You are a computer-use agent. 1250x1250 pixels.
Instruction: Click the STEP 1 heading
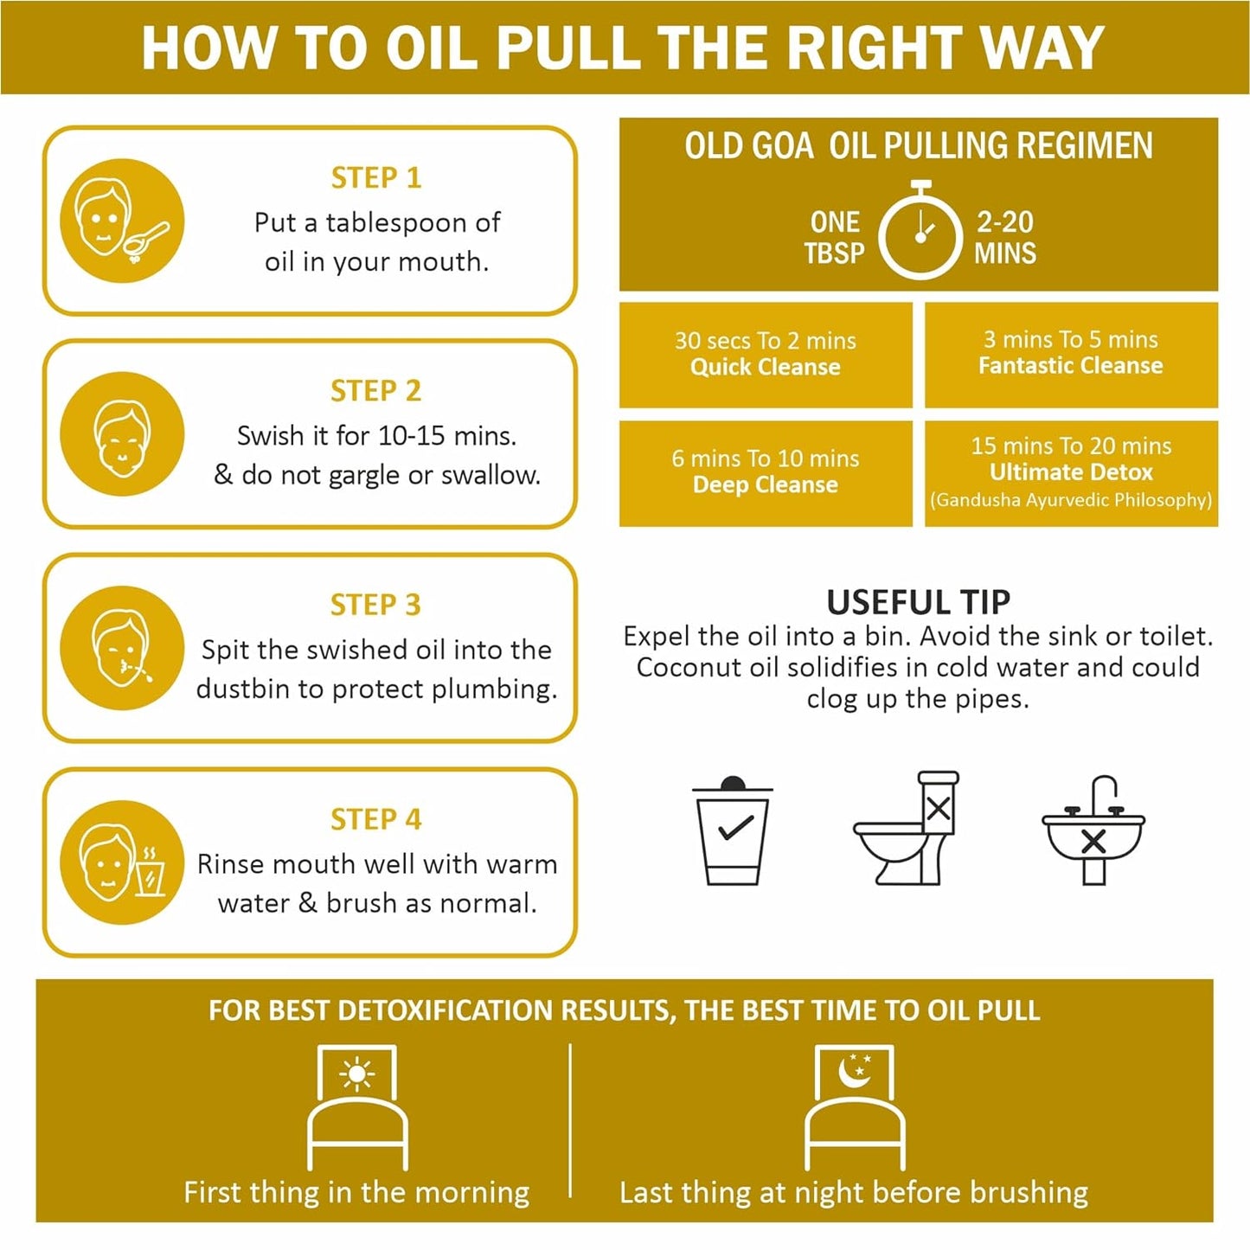click(376, 177)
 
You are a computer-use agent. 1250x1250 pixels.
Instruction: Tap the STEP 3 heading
click(375, 605)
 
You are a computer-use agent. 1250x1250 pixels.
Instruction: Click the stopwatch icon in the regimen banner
click(920, 231)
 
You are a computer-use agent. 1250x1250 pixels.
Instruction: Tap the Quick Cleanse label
click(766, 367)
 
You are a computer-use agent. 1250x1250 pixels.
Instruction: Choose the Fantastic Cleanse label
click(1070, 366)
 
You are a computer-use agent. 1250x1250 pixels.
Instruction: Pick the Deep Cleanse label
click(766, 484)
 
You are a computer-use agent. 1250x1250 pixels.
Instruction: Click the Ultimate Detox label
click(1071, 471)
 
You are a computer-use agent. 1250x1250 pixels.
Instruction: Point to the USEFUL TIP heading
click(919, 602)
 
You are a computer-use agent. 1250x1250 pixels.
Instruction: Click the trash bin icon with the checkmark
click(733, 830)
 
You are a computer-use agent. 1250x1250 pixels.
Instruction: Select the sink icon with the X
click(1093, 830)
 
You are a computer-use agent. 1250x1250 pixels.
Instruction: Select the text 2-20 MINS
click(1005, 237)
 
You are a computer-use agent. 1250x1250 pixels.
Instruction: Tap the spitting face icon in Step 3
click(122, 648)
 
